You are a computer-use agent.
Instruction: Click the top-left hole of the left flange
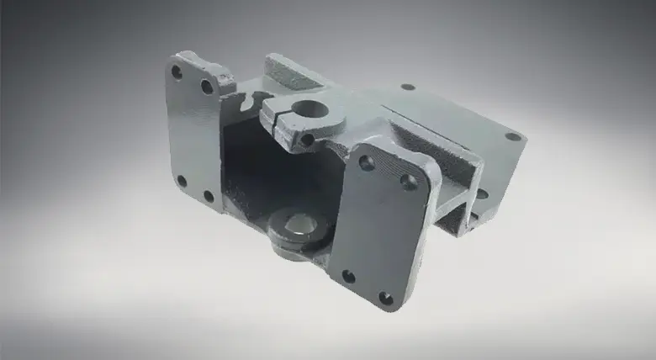(x=177, y=72)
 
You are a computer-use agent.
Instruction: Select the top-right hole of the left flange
(x=206, y=87)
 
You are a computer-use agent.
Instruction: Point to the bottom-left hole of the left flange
(x=181, y=180)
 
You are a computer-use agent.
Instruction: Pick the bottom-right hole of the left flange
(x=209, y=196)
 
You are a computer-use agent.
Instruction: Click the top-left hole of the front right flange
(x=367, y=162)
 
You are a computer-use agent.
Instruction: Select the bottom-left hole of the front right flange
(x=347, y=276)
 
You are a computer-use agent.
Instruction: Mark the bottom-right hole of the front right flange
(x=385, y=298)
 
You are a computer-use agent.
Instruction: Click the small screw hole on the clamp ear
(x=308, y=139)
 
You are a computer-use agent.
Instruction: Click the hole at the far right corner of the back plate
(x=511, y=136)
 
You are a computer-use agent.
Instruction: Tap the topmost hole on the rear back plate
(x=407, y=87)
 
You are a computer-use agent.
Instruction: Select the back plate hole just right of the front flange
(x=481, y=193)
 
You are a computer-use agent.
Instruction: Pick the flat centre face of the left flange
(x=193, y=135)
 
